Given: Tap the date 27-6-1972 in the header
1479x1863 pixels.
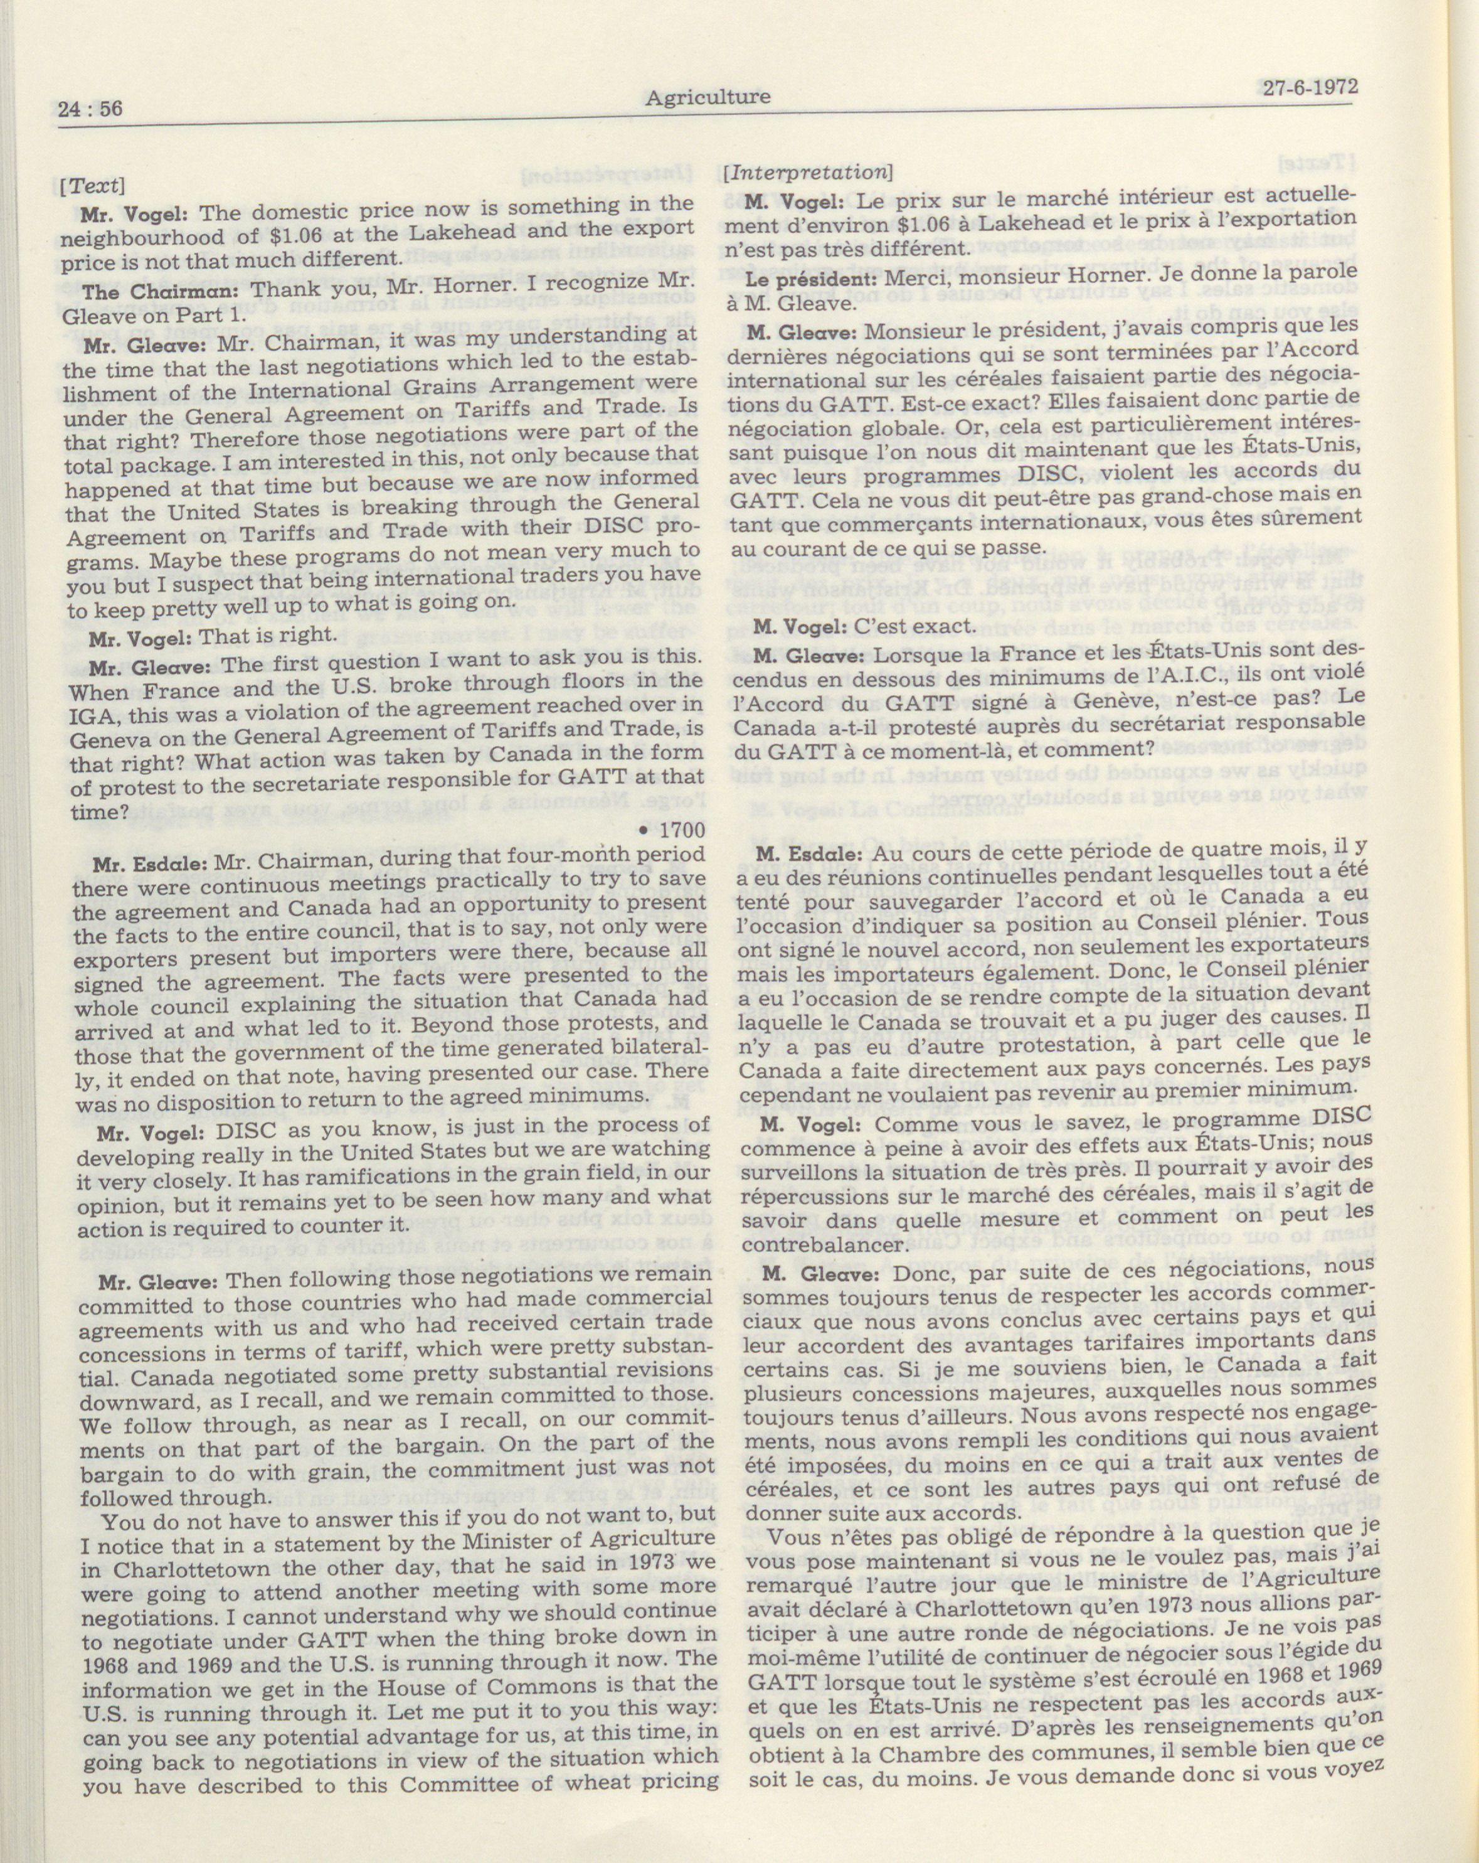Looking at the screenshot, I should click(1310, 87).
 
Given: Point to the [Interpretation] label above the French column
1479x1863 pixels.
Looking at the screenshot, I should click(808, 172).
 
